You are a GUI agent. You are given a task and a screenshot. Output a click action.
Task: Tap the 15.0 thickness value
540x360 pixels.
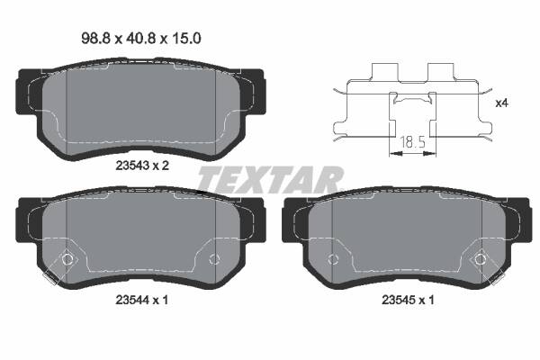[x=183, y=39]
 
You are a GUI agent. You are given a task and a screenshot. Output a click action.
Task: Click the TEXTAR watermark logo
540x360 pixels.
[x=270, y=179]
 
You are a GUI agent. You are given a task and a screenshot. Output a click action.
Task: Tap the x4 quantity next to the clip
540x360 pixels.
[x=502, y=103]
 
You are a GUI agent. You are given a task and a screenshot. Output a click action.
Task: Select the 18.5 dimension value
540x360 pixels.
[x=412, y=142]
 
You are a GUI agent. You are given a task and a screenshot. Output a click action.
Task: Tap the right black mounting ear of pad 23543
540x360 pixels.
[x=256, y=90]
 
